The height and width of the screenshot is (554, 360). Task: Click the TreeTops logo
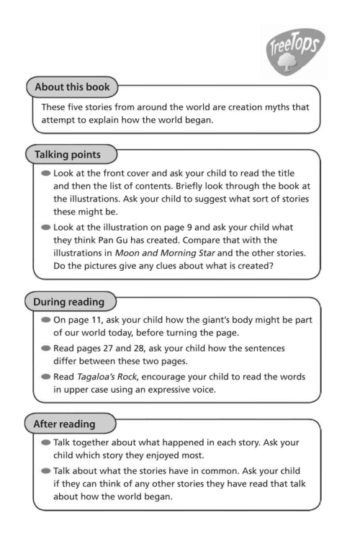click(x=294, y=51)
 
